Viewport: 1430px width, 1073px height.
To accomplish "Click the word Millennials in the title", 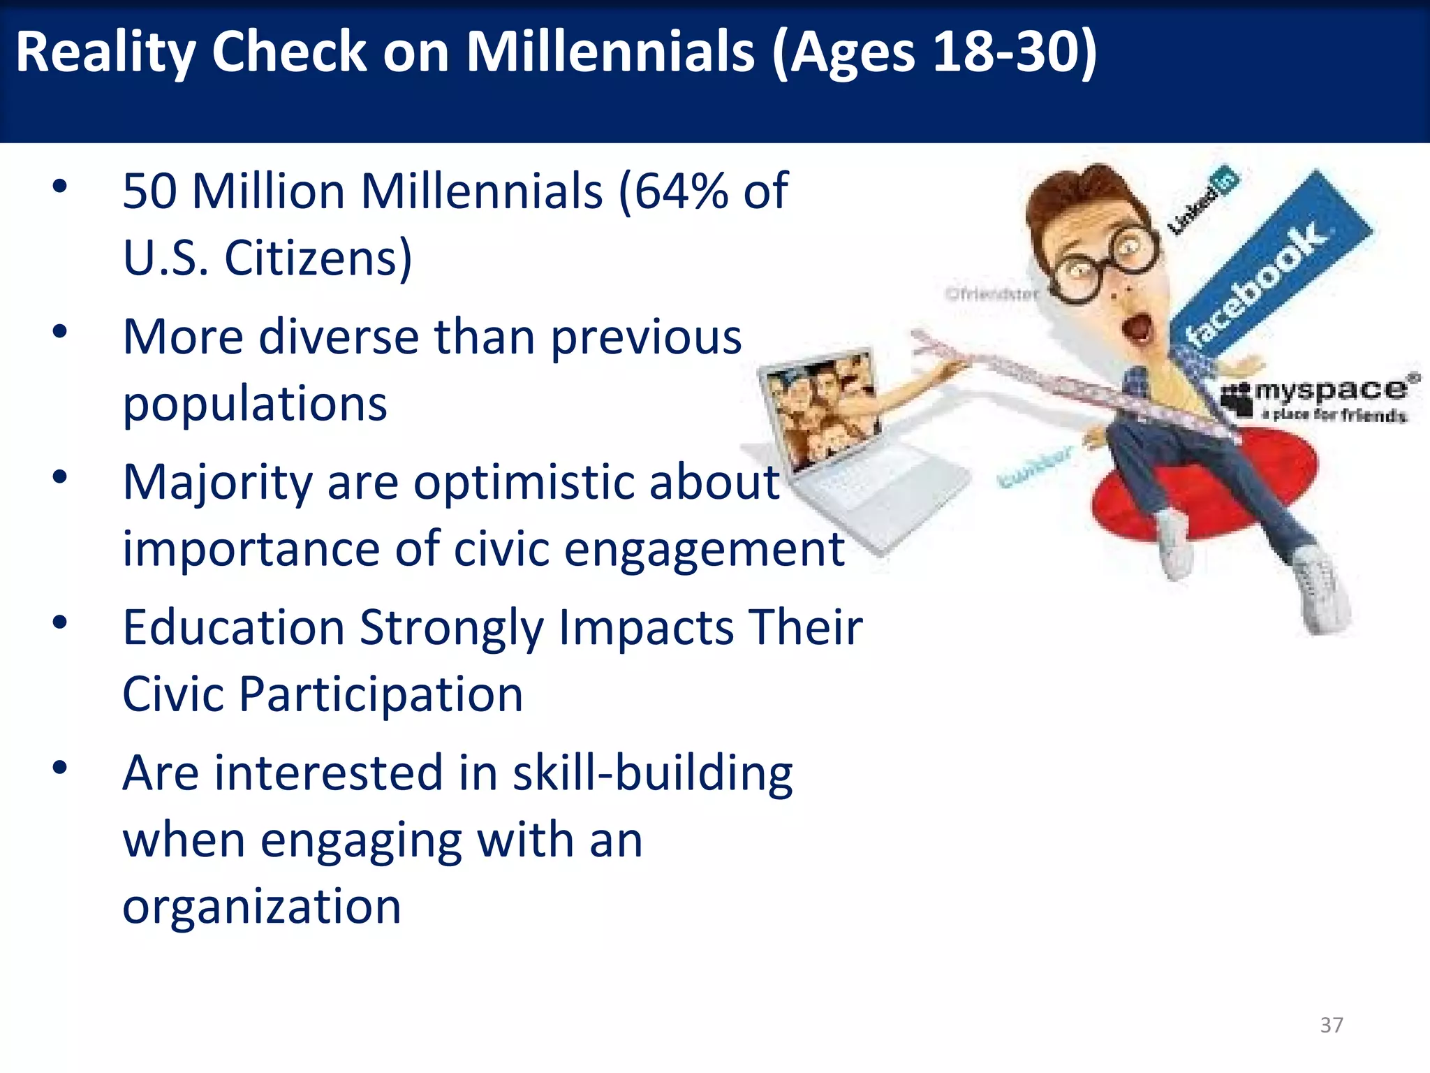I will point(610,52).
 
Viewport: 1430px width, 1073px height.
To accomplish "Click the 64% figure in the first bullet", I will point(681,191).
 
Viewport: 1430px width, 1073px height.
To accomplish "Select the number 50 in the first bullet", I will point(149,191).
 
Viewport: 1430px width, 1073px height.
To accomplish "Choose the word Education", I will point(233,627).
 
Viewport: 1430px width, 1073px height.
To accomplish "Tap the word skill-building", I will point(652,773).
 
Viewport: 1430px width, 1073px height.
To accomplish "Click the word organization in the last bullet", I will point(262,906).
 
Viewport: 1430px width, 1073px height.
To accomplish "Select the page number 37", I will point(1331,1025).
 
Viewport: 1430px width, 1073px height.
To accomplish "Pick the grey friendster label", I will point(992,294).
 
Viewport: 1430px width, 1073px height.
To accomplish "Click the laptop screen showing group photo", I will point(820,412).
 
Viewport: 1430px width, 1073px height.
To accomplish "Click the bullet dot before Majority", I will point(60,477).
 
